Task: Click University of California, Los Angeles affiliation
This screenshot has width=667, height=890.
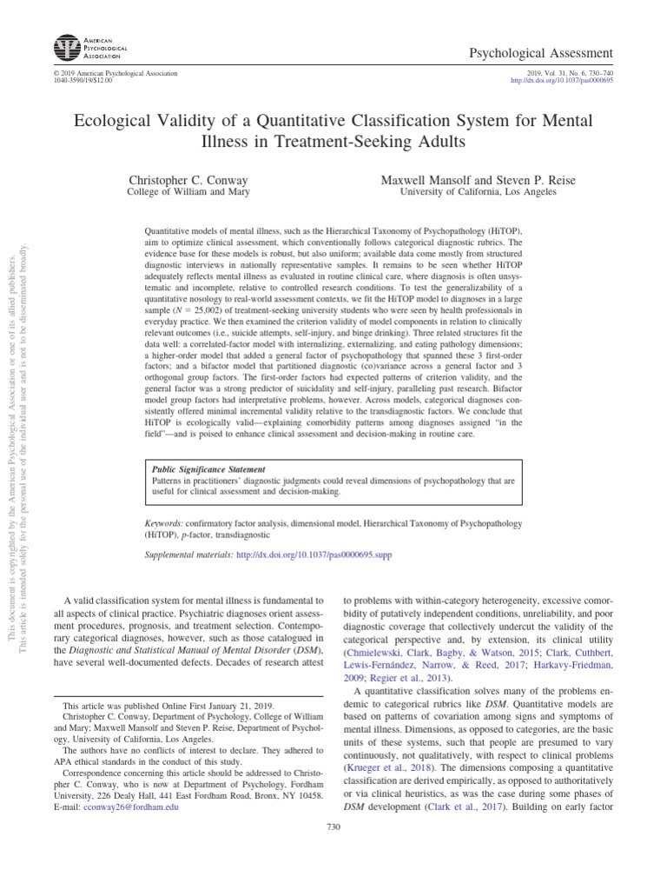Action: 477,192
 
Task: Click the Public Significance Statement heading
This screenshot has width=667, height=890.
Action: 208,469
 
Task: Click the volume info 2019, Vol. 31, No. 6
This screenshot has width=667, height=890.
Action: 569,74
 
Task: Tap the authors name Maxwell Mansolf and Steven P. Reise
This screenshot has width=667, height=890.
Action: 477,180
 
